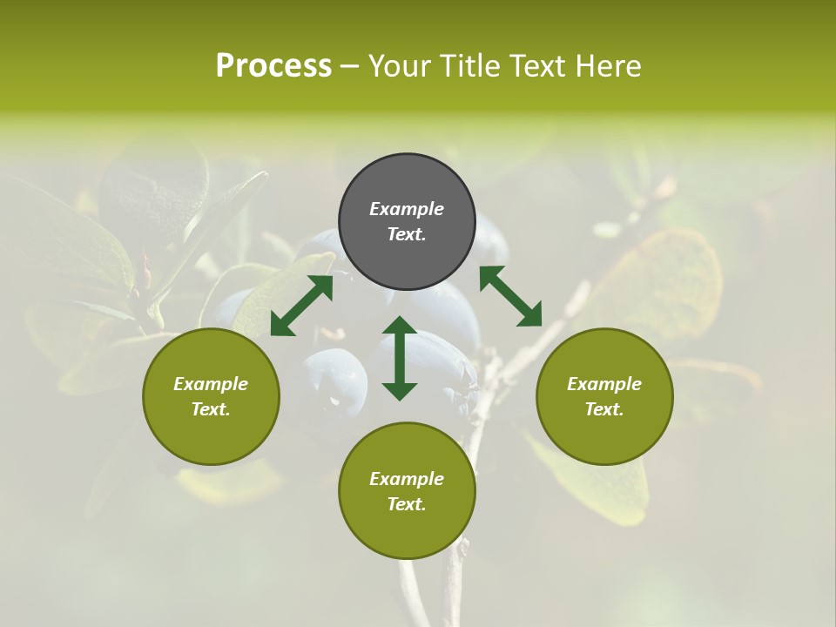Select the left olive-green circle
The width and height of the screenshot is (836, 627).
click(211, 396)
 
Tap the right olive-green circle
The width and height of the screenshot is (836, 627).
click(604, 396)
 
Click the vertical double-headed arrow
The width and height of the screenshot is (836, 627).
click(400, 358)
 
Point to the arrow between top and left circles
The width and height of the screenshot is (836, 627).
click(301, 306)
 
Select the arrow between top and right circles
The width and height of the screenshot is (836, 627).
click(510, 296)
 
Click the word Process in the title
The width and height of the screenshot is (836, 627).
click(273, 65)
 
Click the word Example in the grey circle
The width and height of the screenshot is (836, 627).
click(407, 209)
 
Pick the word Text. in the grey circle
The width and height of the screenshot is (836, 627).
click(407, 234)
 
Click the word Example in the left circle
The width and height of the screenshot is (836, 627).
click(211, 384)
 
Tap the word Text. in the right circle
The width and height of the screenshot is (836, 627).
click(604, 409)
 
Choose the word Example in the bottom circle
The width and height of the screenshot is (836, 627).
click(407, 479)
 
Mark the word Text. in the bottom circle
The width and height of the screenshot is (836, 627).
click(407, 504)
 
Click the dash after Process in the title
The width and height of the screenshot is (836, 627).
click(350, 66)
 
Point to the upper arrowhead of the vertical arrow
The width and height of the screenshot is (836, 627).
click(400, 325)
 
